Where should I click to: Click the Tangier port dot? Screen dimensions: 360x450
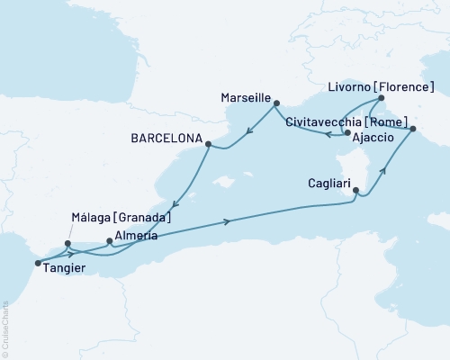pyautogui.click(x=37, y=263)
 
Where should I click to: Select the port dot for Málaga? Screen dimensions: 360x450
pyautogui.click(x=67, y=242)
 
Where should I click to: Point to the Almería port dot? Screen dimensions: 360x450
pyautogui.click(x=109, y=241)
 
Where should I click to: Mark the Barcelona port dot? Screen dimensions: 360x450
pyautogui.click(x=209, y=143)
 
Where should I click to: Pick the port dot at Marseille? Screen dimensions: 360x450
pyautogui.click(x=274, y=103)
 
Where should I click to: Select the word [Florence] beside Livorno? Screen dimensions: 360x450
pyautogui.click(x=406, y=86)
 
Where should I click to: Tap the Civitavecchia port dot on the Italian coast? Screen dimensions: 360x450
pyautogui.click(x=413, y=130)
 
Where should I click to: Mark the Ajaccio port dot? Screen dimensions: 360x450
pyautogui.click(x=347, y=133)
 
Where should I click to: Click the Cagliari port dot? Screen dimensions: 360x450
pyautogui.click(x=356, y=190)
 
